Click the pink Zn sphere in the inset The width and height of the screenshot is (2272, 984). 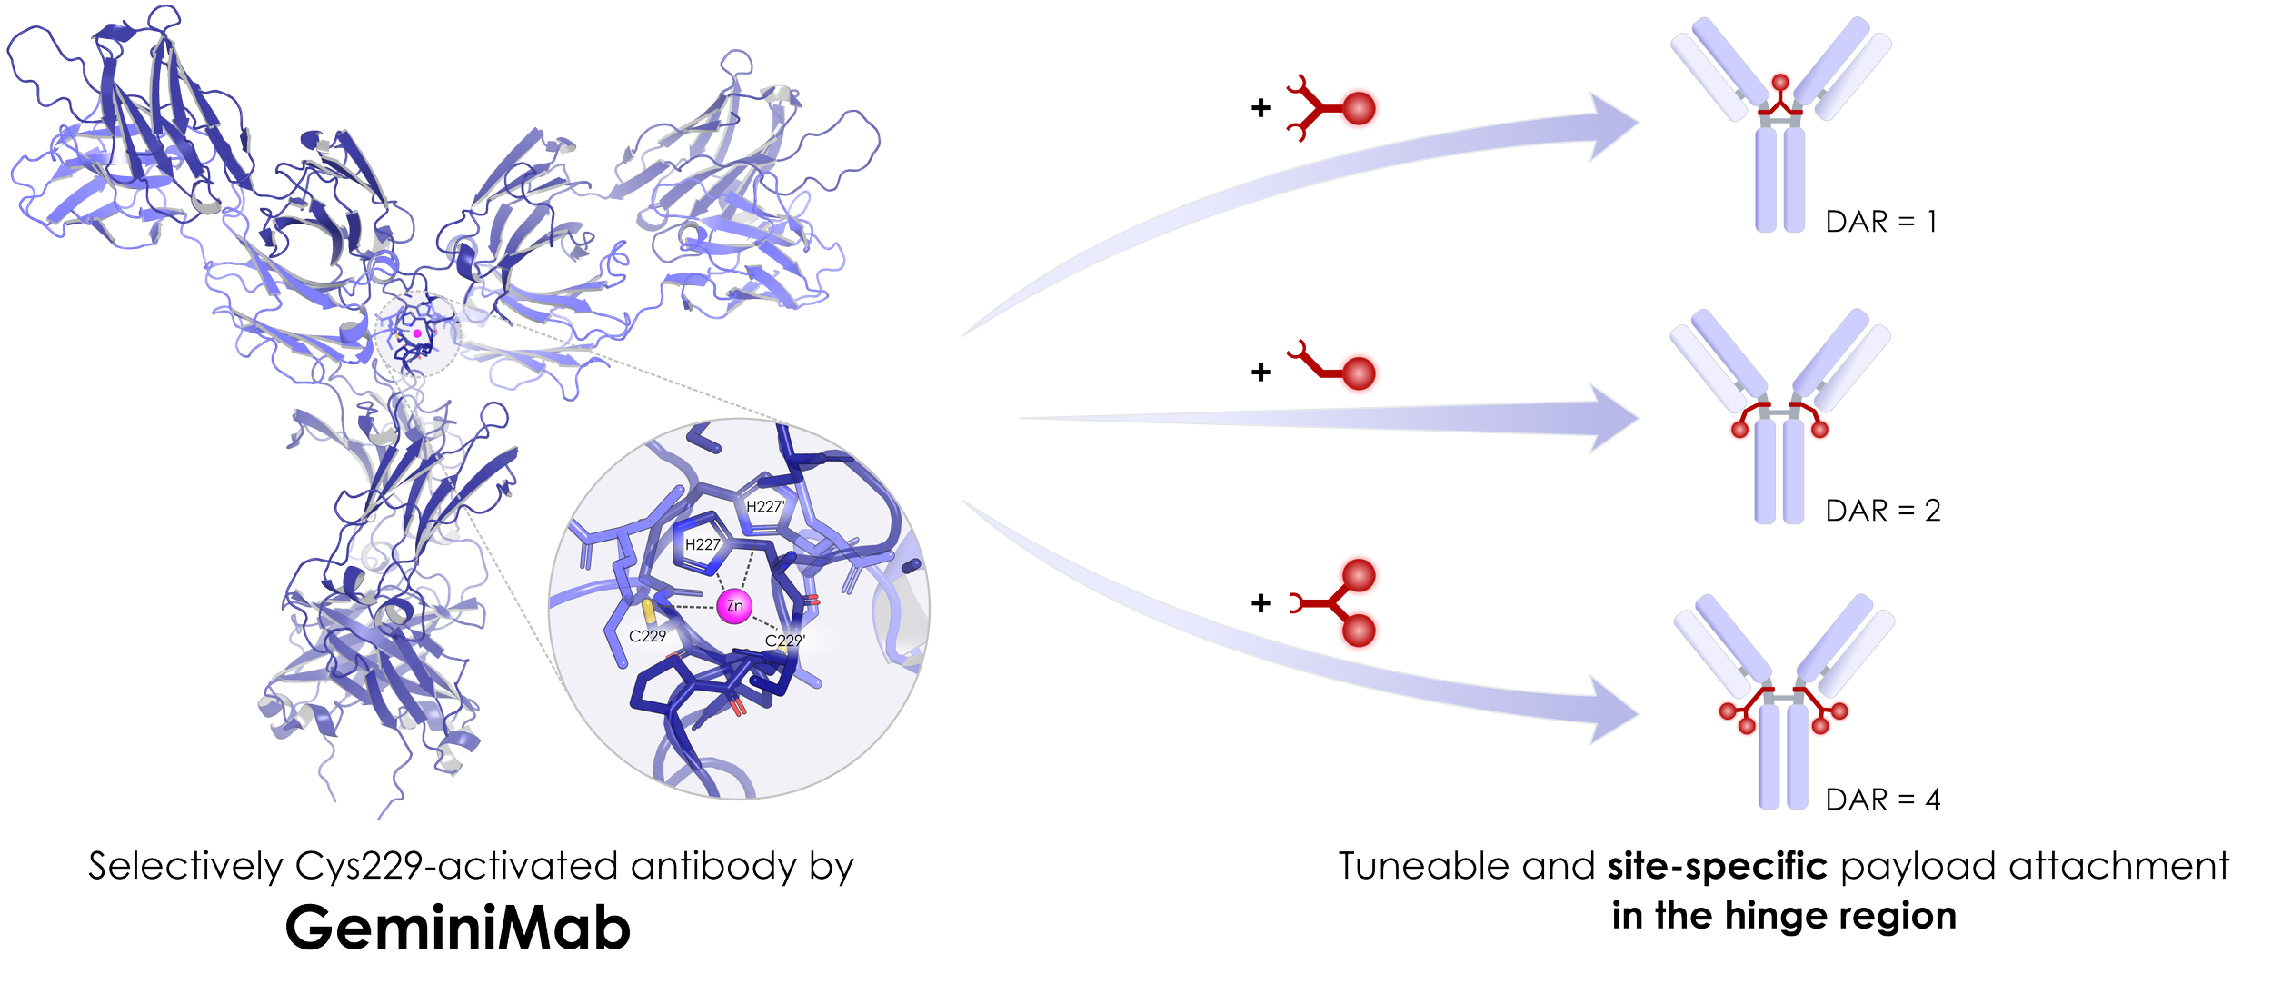(734, 607)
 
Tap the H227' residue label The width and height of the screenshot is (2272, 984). (765, 507)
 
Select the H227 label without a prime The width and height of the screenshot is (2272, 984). (703, 545)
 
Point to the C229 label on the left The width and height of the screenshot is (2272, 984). (647, 636)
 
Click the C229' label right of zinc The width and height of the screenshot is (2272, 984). (784, 641)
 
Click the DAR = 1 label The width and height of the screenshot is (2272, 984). (1882, 222)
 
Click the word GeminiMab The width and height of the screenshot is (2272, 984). (457, 928)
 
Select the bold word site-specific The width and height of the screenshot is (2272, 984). (1717, 867)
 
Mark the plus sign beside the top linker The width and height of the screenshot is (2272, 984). (1261, 108)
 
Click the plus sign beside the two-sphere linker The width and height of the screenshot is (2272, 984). (1261, 602)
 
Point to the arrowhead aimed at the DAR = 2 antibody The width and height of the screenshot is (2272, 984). (1613, 418)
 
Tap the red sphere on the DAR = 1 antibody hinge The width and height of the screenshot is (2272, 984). (1780, 82)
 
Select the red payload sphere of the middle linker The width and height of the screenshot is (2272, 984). (1359, 373)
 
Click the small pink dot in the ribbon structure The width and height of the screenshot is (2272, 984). (417, 334)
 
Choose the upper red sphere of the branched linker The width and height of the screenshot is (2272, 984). (1360, 574)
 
